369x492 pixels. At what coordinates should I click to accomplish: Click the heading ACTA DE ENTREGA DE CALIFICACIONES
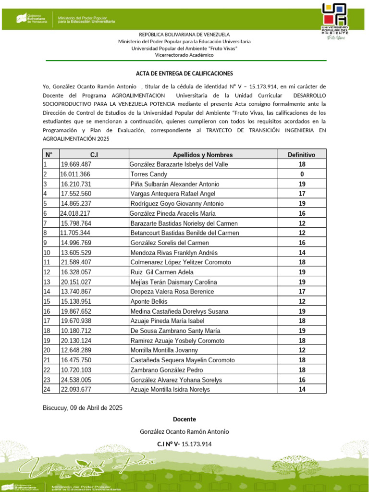click(184, 73)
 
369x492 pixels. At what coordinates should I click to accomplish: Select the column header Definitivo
click(301, 155)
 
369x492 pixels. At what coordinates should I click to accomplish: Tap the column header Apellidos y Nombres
click(202, 155)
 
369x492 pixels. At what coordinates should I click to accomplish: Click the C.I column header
click(94, 155)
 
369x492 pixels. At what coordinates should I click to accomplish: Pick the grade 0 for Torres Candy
click(302, 174)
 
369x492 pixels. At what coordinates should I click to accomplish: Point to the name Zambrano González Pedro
click(166, 370)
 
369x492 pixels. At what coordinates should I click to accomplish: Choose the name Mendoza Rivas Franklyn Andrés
click(174, 253)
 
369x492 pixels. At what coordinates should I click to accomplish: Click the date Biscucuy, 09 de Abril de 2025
click(83, 407)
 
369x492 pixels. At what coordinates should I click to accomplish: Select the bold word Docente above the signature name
click(184, 419)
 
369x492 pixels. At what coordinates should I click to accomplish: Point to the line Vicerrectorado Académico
click(184, 55)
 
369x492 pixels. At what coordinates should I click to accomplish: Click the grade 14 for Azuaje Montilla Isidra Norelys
click(302, 390)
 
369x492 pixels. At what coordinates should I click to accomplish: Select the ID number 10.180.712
click(76, 331)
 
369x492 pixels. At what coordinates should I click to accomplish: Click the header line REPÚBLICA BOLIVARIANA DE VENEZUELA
click(184, 35)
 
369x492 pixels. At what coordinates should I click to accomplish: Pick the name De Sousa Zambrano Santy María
click(175, 331)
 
